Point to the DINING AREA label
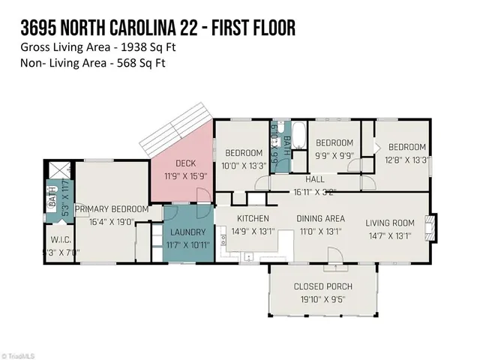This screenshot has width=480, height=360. tap(320, 219)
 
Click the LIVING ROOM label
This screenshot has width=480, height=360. tap(390, 223)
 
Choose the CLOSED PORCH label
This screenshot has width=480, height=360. tap(323, 286)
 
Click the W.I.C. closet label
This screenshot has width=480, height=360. tap(61, 241)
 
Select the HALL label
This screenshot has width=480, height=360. tap(314, 180)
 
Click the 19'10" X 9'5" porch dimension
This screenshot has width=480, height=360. tap(323, 298)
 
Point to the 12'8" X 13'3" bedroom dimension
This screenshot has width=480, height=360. tap(406, 159)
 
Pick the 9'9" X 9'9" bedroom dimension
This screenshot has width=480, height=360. tap(334, 155)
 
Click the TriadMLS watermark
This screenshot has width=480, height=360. tap(22, 355)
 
